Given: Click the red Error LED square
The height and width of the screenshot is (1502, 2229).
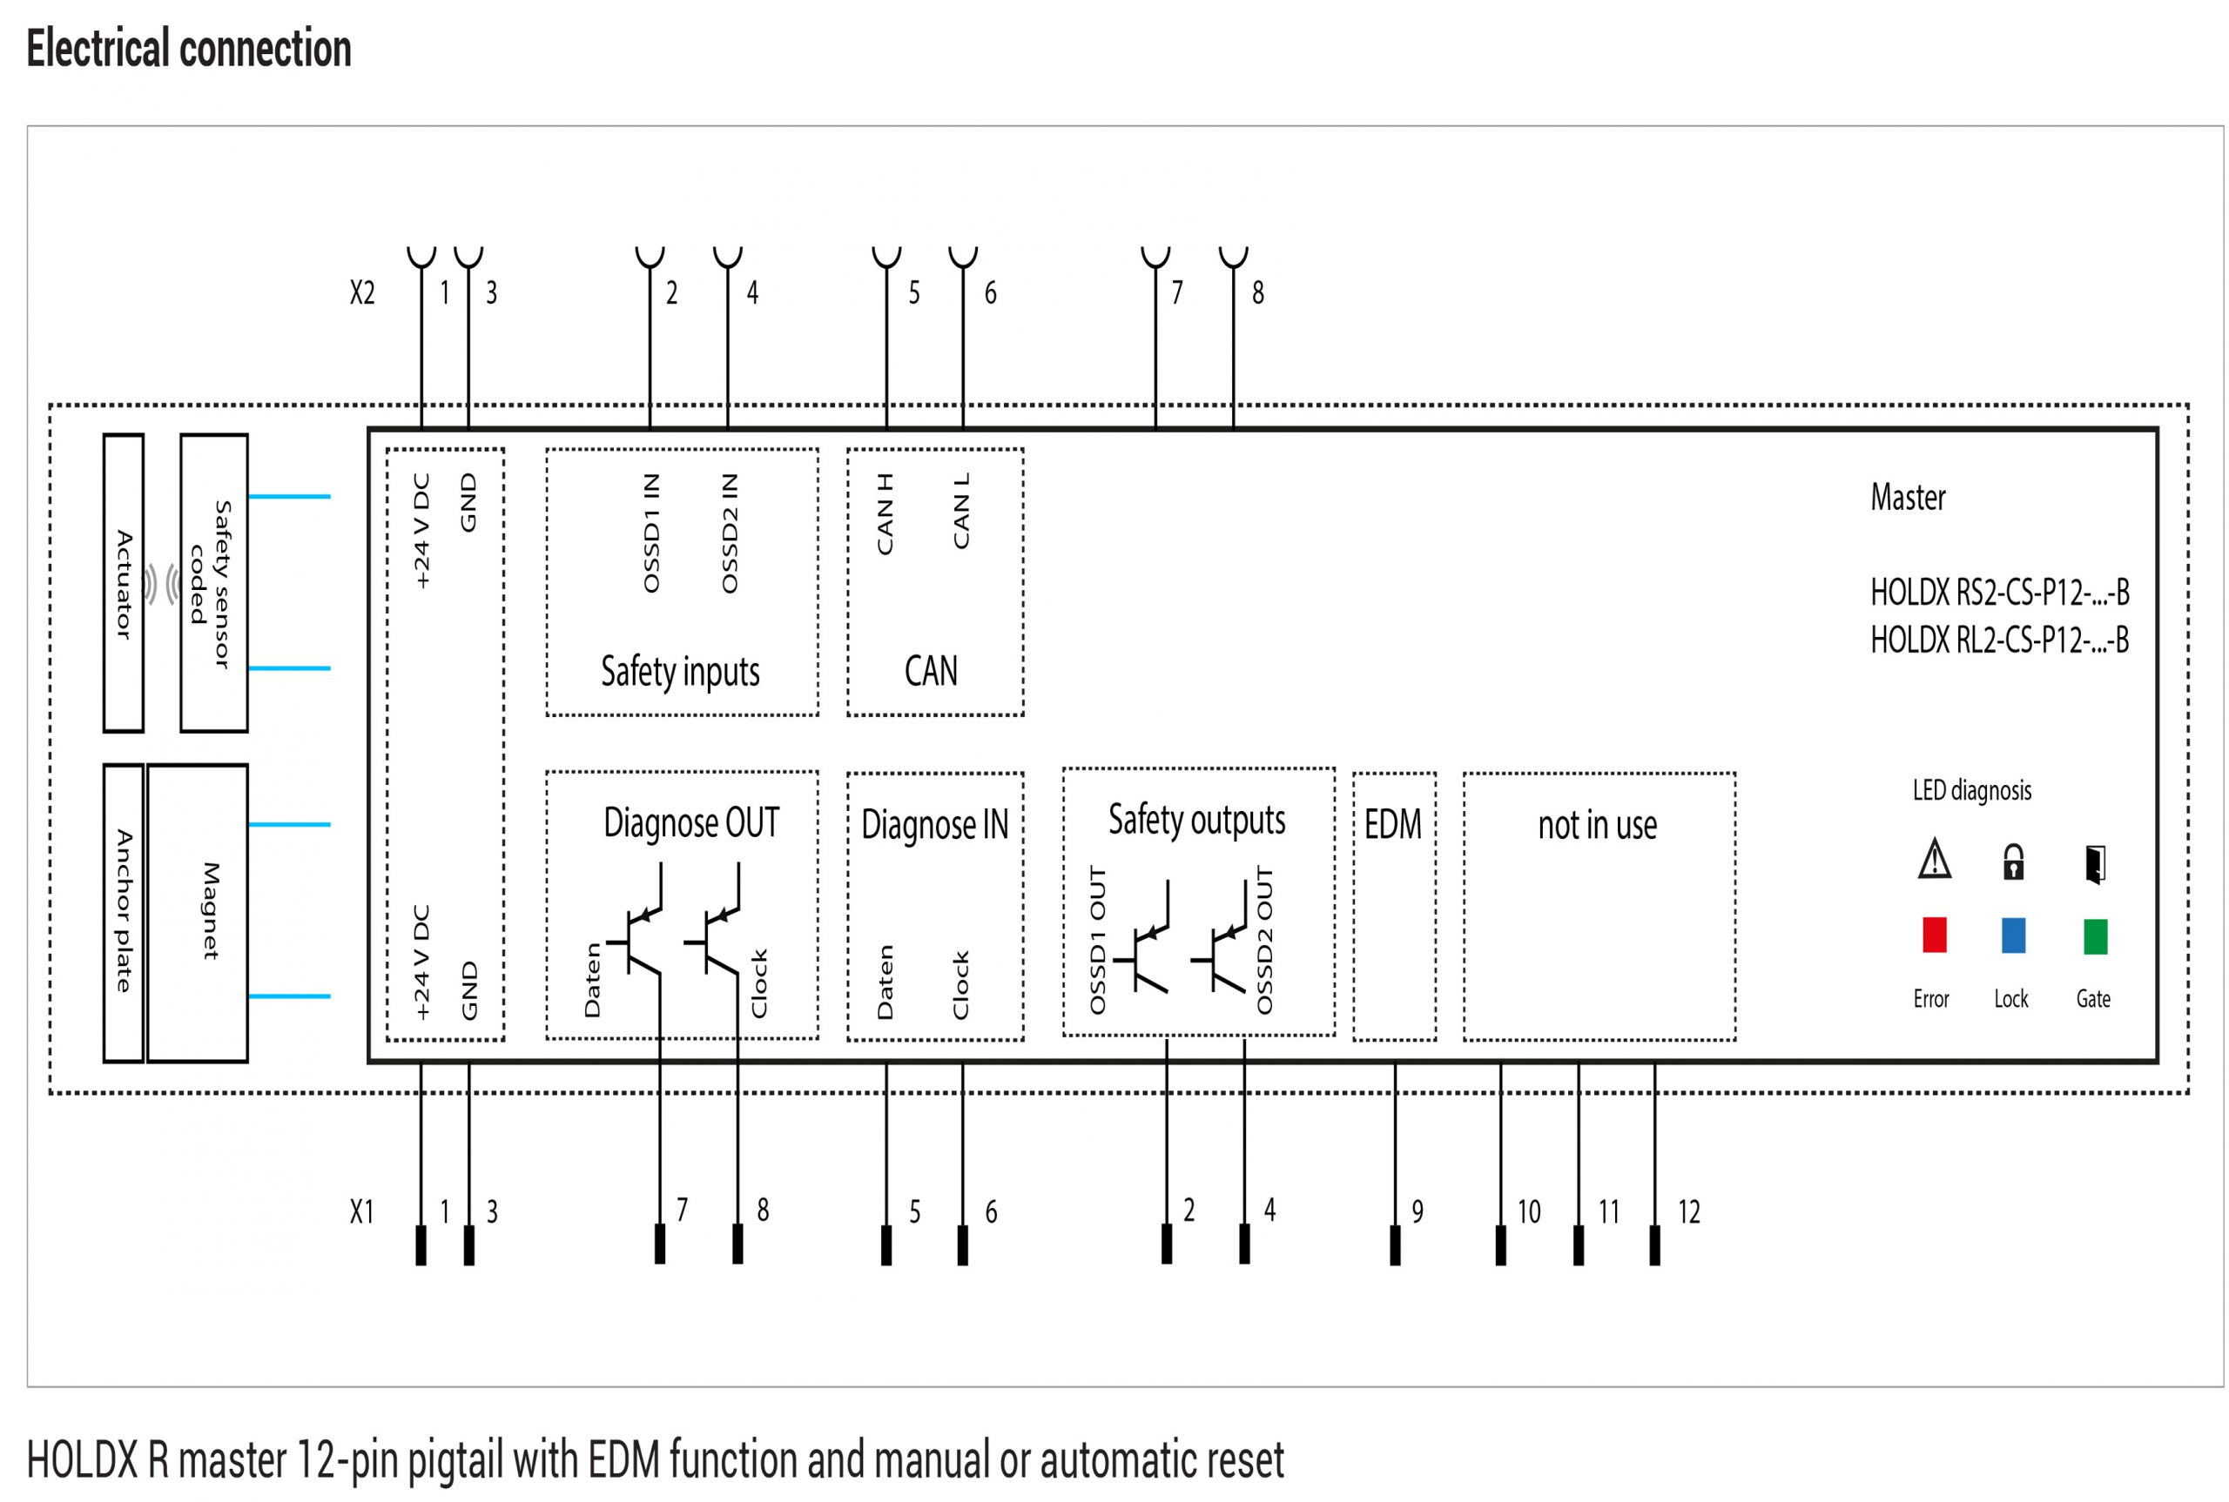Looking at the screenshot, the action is [1934, 935].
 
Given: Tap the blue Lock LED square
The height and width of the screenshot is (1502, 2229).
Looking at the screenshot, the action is [2013, 935].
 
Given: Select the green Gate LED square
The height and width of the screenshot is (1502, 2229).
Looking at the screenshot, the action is [2095, 935].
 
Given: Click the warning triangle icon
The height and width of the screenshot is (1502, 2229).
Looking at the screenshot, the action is [1934, 858].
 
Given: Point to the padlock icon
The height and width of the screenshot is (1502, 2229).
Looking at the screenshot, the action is [2013, 862].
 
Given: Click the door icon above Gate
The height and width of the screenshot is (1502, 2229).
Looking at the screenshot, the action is [2095, 864].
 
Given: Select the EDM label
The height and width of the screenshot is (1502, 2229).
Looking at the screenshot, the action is [1392, 824].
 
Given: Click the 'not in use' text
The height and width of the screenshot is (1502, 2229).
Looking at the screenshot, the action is [1597, 825].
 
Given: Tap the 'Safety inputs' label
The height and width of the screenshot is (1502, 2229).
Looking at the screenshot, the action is [680, 672].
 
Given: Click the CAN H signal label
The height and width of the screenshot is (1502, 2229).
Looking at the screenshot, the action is [885, 513].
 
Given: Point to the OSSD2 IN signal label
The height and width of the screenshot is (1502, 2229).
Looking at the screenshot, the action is [730, 533].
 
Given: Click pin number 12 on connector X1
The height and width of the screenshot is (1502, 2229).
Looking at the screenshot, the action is [1688, 1211].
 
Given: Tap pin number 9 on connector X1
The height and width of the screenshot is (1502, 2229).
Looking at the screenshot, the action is [1418, 1211].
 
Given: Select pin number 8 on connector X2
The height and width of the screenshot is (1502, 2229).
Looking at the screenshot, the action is [1257, 292].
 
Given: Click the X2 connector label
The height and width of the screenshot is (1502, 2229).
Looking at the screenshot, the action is [362, 292].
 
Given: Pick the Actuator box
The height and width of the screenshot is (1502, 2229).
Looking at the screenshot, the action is [124, 583].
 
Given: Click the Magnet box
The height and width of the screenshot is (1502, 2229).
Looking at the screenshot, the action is [198, 913].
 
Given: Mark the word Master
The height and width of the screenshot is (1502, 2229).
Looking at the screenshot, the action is [1907, 497].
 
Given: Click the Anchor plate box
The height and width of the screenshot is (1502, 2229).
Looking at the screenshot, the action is [124, 913].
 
